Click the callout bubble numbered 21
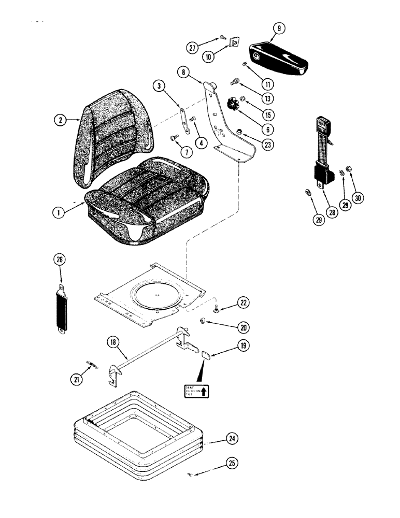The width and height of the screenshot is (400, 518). click(x=76, y=380)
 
